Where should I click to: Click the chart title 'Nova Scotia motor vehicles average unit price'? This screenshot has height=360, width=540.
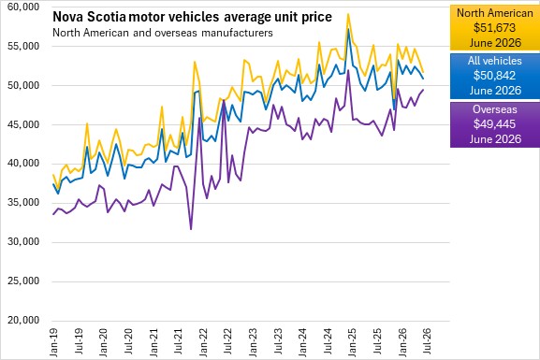tap(192, 17)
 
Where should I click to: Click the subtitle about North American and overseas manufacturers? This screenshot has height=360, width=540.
tap(163, 33)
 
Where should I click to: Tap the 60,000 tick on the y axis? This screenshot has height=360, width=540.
tap(23, 7)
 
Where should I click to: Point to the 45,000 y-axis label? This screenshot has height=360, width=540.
tap(23, 124)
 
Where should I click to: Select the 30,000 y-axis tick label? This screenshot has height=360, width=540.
tap(23, 241)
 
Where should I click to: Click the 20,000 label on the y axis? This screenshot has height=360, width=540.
tap(23, 320)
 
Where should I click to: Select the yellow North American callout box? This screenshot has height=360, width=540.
tap(495, 28)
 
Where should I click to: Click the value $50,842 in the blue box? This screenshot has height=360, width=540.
tap(494, 76)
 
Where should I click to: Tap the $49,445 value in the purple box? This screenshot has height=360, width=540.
tap(494, 124)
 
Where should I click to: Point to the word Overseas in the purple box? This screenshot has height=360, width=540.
tap(495, 109)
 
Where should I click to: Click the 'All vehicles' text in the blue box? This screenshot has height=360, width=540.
tap(495, 61)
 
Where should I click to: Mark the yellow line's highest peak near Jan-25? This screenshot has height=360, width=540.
tap(348, 14)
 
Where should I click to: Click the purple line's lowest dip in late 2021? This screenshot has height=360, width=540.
tap(191, 230)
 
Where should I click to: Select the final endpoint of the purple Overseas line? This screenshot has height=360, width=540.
tap(423, 90)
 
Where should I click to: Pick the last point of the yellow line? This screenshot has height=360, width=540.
tap(423, 72)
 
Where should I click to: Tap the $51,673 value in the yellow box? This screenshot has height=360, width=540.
tap(494, 27)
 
